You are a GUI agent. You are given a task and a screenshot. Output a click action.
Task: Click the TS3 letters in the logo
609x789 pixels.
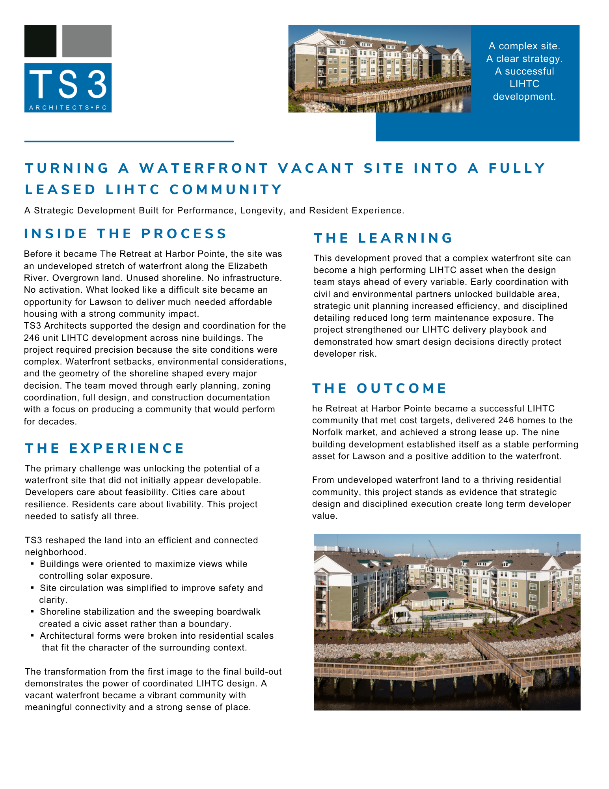pos(68,84)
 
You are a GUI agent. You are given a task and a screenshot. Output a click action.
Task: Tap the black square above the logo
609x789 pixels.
pos(40,41)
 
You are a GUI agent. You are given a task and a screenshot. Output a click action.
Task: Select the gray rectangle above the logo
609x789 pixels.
pos(87,41)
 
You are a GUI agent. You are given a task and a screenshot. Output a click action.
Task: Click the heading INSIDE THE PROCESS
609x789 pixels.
pos(125,234)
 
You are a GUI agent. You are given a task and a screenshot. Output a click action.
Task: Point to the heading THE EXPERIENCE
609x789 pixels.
pos(105,448)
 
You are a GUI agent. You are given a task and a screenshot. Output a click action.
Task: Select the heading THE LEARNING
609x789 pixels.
pos(383,238)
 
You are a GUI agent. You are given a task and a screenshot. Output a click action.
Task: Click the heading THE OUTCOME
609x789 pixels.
pos(380,388)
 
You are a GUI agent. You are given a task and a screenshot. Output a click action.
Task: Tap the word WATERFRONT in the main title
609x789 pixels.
pos(204,168)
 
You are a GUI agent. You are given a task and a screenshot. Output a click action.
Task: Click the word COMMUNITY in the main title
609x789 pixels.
pos(226,189)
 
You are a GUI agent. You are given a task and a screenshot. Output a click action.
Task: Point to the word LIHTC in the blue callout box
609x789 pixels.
pos(524,84)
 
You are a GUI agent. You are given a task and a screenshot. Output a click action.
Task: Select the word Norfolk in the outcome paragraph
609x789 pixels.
pos(327,432)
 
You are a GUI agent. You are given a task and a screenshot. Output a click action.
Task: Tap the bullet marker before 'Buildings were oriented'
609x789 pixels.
pos(32,564)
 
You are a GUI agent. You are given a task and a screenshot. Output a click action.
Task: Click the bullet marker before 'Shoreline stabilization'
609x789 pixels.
pos(32,612)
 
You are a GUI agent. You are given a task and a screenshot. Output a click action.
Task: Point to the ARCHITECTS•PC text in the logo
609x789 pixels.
pos(68,107)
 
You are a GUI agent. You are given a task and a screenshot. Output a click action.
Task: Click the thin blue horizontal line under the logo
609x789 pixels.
pos(129,141)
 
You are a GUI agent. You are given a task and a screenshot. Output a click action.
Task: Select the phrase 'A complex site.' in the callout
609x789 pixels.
pos(524,46)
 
